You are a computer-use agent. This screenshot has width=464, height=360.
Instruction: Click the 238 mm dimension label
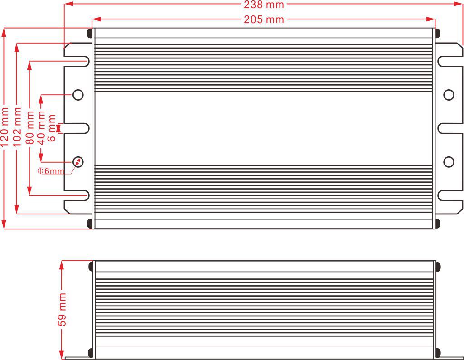264,5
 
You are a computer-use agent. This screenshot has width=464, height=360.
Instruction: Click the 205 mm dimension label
264,19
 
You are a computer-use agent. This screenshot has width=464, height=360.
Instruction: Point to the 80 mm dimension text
30,128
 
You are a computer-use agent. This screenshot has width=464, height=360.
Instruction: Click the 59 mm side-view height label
63,310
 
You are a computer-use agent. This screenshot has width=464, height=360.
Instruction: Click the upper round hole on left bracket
78,95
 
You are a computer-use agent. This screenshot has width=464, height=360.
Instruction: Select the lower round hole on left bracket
78,162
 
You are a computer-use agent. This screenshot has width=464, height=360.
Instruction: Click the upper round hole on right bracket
449,95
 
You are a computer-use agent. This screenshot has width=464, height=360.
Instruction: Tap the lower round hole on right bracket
449,162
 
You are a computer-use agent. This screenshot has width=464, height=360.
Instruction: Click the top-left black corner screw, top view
90,33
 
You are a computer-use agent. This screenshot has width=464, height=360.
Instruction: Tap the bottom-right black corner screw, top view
437,223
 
